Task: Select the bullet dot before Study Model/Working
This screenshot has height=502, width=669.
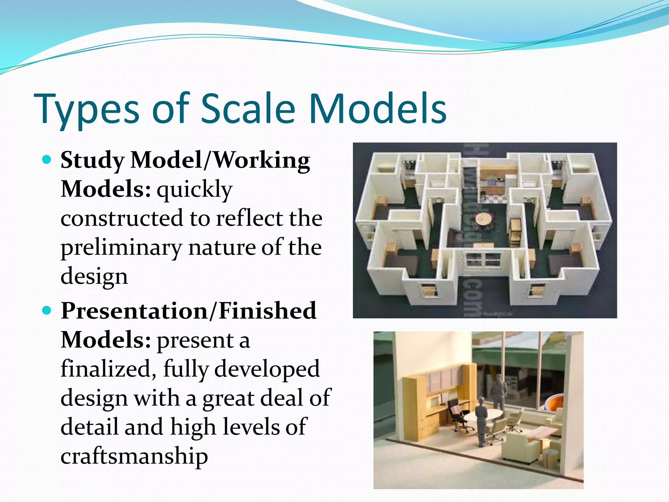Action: (x=47, y=160)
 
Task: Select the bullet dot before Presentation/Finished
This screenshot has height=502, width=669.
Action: (x=47, y=310)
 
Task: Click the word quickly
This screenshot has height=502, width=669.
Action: (x=194, y=189)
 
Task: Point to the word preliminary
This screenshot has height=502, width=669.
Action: (x=121, y=247)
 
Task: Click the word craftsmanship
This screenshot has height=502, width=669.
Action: (x=134, y=456)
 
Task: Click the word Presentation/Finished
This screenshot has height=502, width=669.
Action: (x=188, y=310)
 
